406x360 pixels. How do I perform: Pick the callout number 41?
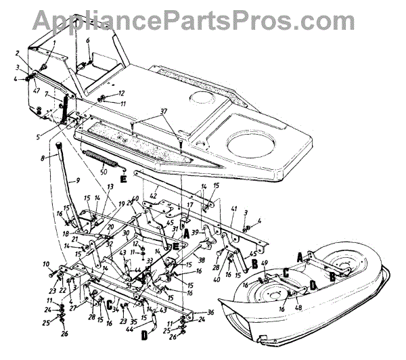coord(235,209)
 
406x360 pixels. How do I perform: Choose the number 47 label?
coord(36,89)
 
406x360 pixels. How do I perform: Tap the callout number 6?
coord(87,41)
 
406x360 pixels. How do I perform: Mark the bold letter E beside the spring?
coord(124,179)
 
